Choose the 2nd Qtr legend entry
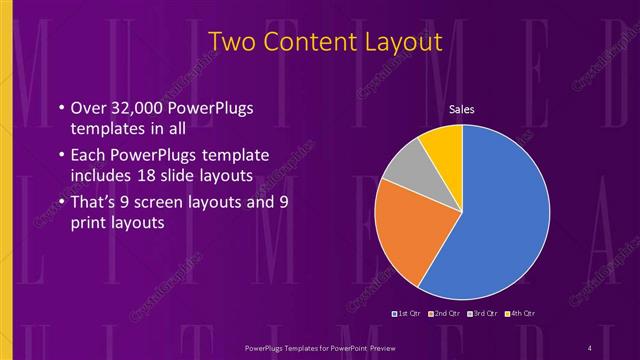pos(445,314)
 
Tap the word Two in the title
pos(231,42)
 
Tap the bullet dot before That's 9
pos(61,203)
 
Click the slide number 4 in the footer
pos(590,347)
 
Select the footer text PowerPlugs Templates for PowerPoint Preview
pos(320,347)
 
